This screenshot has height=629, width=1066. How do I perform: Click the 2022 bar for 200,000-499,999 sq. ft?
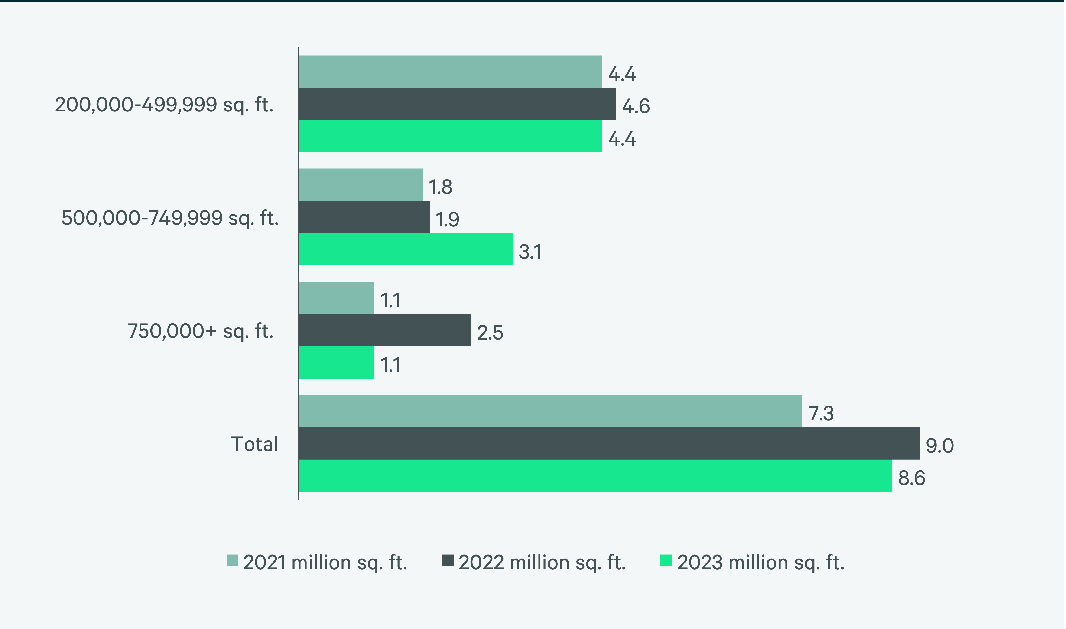point(457,104)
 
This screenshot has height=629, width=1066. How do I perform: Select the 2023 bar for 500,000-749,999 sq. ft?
point(405,249)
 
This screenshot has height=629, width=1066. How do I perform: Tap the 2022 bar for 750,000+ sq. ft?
point(385,330)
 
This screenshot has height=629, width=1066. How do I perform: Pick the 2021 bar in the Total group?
point(550,411)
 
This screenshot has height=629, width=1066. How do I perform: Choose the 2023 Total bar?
point(595,475)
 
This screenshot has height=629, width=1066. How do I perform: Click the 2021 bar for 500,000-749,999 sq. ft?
point(361,185)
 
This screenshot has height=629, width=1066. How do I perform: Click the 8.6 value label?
point(911,478)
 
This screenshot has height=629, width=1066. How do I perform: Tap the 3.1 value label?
point(530,252)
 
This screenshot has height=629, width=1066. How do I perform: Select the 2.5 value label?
point(490,333)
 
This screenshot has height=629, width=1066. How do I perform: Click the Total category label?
point(254,444)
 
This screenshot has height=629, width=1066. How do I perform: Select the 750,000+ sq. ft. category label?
point(200,331)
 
